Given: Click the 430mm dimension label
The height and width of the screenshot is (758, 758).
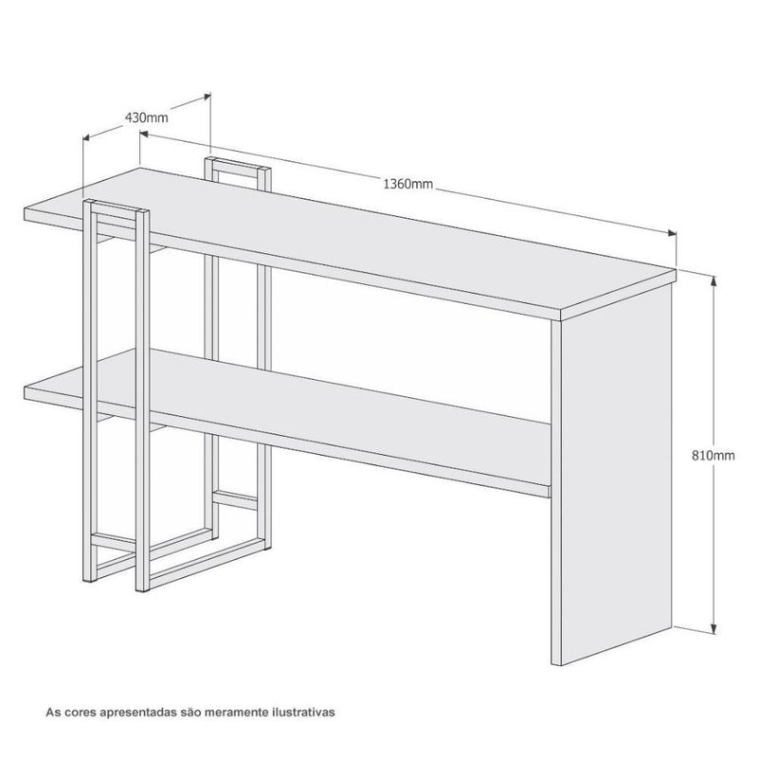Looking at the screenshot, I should [146, 117].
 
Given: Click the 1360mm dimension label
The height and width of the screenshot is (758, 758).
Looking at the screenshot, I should [408, 184].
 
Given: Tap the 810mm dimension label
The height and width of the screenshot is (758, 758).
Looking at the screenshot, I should [713, 456].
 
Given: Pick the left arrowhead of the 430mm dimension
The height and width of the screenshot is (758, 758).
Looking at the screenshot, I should [87, 137].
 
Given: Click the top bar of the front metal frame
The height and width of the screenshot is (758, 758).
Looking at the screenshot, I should [116, 203].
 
